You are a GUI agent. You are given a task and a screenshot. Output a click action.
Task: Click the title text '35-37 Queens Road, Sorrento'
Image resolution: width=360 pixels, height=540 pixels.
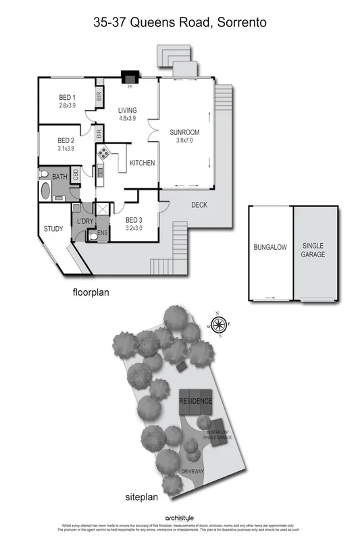tap(180, 22)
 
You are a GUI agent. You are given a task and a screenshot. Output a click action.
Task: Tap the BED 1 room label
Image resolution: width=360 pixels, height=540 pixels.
tap(67, 101)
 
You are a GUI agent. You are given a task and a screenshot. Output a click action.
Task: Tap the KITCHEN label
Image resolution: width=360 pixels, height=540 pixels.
tap(143, 163)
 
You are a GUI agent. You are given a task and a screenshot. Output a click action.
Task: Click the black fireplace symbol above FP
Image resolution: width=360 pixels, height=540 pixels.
tap(128, 78)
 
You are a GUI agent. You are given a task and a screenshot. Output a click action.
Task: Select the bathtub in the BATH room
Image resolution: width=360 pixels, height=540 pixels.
tap(45, 190)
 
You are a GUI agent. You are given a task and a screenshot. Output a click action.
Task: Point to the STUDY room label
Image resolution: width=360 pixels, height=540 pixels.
tap(53, 229)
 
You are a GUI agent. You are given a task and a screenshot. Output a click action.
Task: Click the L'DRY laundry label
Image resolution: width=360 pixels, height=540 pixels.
tap(86, 221)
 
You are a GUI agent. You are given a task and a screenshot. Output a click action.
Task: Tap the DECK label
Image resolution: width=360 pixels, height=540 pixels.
tap(199, 205)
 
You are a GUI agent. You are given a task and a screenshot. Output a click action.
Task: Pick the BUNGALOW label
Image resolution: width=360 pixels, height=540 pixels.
tap(270, 248)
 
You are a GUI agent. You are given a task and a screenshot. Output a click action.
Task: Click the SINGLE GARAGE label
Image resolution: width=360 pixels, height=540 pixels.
tap(313, 250)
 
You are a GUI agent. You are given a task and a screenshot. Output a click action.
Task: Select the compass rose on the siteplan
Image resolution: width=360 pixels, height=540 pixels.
tap(219, 326)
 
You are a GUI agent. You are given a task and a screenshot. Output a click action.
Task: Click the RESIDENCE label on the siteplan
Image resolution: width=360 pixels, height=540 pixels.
tap(195, 401)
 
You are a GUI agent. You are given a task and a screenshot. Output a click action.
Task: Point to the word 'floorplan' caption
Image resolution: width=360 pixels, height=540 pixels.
tap(91, 293)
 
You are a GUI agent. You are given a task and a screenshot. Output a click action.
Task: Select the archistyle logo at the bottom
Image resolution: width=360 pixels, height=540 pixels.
tap(180, 518)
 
